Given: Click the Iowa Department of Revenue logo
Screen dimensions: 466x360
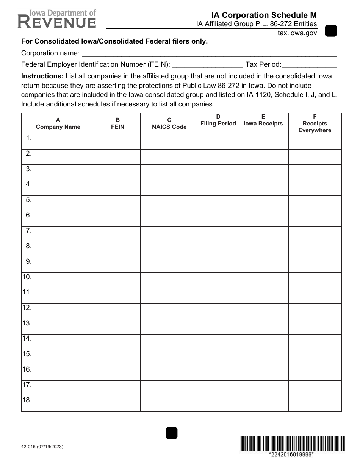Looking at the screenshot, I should (x=57, y=19).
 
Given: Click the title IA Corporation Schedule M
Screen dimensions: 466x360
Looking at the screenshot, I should (x=264, y=15).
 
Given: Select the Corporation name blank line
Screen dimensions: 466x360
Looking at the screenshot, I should (x=209, y=53).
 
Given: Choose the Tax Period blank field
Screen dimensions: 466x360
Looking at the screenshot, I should (x=309, y=64).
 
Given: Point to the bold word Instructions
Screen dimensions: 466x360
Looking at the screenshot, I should (x=42, y=76).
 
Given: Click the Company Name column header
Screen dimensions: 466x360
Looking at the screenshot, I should (x=58, y=124).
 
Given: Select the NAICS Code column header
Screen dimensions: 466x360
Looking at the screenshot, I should (x=169, y=124).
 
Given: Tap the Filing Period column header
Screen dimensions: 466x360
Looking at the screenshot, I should (x=218, y=120).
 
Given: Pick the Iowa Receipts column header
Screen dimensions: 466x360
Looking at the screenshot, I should (x=263, y=120).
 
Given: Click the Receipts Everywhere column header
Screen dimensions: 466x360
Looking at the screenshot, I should (x=315, y=124).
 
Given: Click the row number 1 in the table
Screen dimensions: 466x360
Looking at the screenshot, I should (x=29, y=138).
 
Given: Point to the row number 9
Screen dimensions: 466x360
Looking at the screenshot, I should (x=29, y=261).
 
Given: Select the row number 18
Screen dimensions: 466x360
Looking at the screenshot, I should (x=27, y=400).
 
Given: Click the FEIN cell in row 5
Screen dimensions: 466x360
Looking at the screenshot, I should (x=117, y=203).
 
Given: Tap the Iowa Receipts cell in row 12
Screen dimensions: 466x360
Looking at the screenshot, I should (x=263, y=311).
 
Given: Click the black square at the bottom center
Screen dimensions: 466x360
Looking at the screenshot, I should (x=172, y=433).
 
